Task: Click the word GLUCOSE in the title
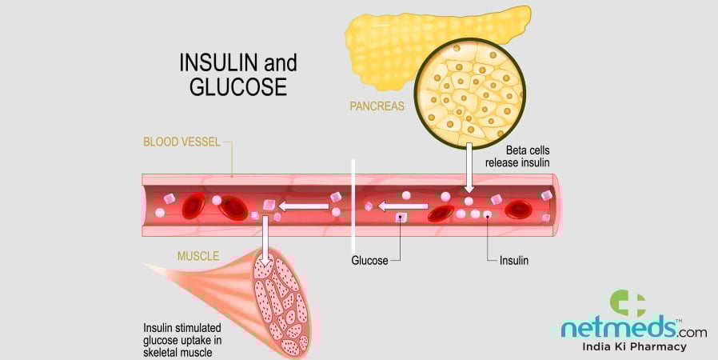(237, 86)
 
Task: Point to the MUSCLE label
(197, 256)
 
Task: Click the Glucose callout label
(369, 261)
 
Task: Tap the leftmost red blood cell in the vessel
(193, 206)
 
